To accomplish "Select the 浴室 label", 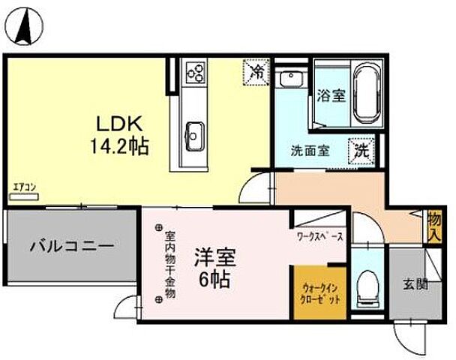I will pos(330,97).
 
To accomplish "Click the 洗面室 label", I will pos(310,150).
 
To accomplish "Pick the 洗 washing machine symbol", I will pos(361,149).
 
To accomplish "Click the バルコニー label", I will pos(71,245).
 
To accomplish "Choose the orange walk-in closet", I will pos(319,292).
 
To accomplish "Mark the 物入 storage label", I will pos(434,225).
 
